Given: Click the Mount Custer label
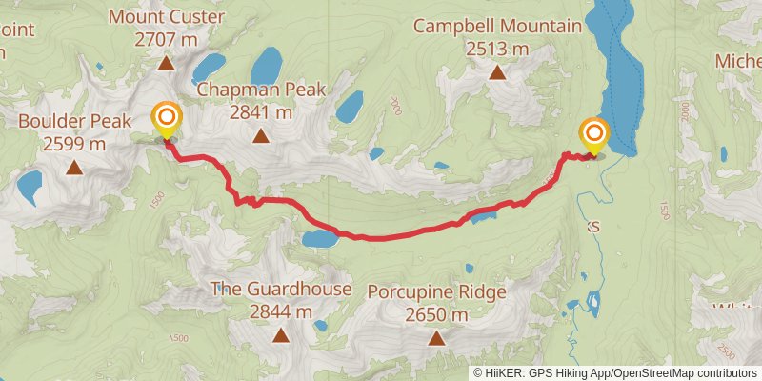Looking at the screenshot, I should [166, 17].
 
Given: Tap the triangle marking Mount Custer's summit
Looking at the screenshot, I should [166, 64].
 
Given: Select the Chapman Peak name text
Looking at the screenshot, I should [262, 90].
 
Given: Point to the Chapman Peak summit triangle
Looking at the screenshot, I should [261, 136].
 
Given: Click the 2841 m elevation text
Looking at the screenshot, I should [261, 112].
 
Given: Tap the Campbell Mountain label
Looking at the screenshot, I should [496, 26].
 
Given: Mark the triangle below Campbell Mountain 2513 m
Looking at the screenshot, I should [496, 72].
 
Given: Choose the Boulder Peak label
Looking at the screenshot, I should [74, 122].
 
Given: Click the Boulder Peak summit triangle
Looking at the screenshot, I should [74, 169].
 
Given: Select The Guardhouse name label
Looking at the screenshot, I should [281, 289].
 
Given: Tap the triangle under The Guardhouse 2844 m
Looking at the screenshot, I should [281, 334].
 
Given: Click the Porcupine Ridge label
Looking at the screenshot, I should [436, 291].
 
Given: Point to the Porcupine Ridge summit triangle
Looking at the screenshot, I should [436, 337].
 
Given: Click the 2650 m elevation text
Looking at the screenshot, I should [436, 314].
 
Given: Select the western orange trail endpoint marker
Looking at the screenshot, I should [167, 119].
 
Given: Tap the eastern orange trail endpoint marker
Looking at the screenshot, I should [593, 134].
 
